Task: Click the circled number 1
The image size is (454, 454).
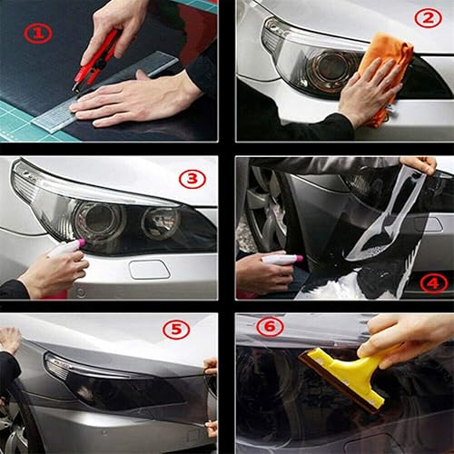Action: [37, 34]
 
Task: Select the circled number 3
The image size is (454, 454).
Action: [192, 179]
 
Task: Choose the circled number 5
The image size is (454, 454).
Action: [176, 330]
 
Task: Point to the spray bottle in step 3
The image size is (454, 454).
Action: [65, 247]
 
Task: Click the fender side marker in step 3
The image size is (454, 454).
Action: [149, 269]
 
